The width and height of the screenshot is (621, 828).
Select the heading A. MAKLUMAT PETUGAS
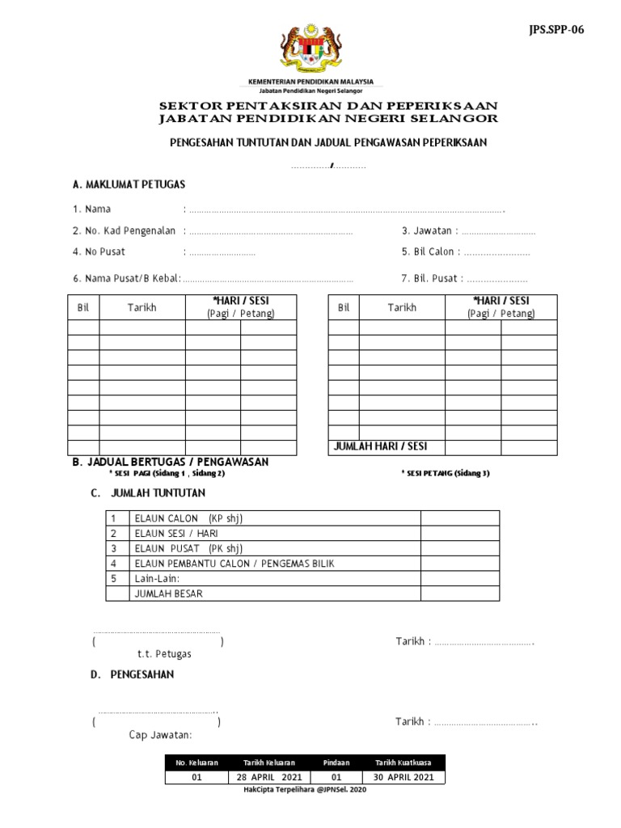129,184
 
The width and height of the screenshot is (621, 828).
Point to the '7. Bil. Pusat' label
429,279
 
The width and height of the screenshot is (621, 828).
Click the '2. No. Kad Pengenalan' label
124,230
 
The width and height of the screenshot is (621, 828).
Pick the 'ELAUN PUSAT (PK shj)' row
188,548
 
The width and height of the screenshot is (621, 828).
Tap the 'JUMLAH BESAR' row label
168,594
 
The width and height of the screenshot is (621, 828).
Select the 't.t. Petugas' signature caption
163,654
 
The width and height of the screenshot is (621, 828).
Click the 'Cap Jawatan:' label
160,735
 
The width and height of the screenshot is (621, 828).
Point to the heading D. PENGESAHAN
132,674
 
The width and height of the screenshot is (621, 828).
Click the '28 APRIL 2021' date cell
269,777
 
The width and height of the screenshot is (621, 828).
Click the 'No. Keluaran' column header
196,763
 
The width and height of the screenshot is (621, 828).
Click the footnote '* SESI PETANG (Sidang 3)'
446,474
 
